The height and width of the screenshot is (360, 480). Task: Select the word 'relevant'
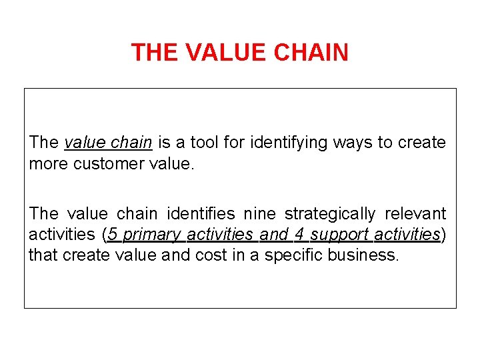pos(416,214)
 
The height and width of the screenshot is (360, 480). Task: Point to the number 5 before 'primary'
pos(113,235)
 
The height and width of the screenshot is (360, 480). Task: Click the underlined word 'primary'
pos(152,235)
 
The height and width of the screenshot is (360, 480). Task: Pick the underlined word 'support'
pos(340,235)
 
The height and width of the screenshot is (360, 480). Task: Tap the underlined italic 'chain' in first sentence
pos(133,143)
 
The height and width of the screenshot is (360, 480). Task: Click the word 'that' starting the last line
pos(43,255)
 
